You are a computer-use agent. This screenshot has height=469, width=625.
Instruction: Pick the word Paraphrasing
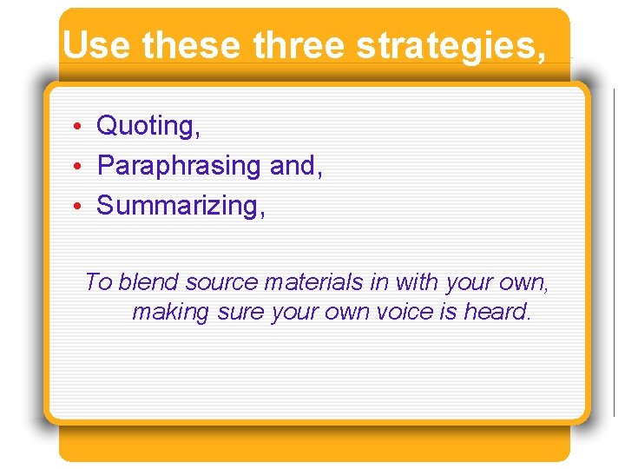180,165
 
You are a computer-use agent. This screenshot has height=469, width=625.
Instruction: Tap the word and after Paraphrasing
296,165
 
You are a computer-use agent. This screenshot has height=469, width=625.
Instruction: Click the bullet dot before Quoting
77,128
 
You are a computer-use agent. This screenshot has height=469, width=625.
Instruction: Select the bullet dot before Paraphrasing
77,166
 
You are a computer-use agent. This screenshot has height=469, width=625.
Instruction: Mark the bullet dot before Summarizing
77,207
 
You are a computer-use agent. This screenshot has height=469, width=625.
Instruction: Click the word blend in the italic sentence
148,282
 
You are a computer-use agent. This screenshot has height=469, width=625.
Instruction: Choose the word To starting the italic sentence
98,282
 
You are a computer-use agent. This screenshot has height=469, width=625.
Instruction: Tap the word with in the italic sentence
418,282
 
